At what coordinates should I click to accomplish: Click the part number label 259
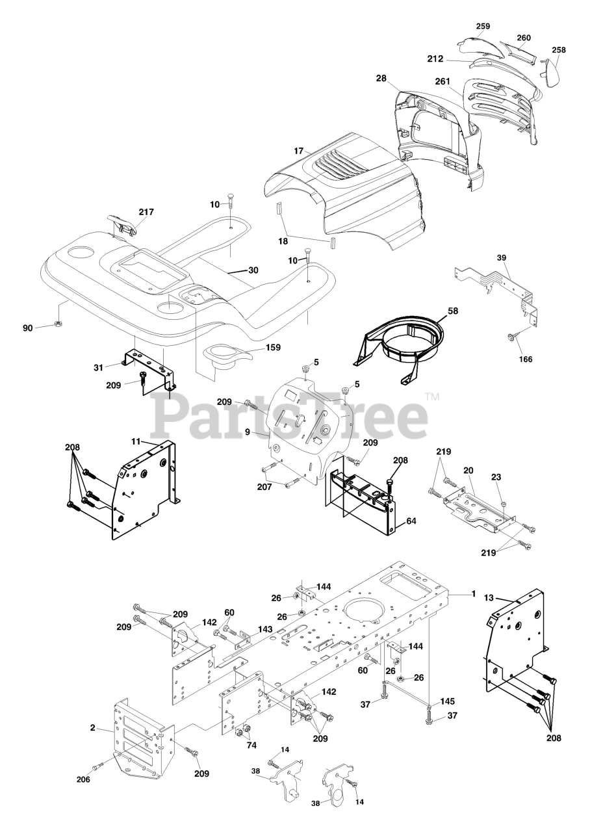coord(482,26)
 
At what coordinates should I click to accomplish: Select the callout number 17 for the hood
coord(298,151)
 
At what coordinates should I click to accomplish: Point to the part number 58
coord(452,311)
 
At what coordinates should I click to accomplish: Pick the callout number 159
coord(272,348)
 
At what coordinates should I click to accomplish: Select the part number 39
coord(501,258)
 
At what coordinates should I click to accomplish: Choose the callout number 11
coord(136,441)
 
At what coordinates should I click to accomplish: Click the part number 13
coord(489,597)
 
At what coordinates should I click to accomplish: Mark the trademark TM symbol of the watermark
coord(431,396)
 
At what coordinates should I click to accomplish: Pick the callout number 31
coord(98,367)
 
